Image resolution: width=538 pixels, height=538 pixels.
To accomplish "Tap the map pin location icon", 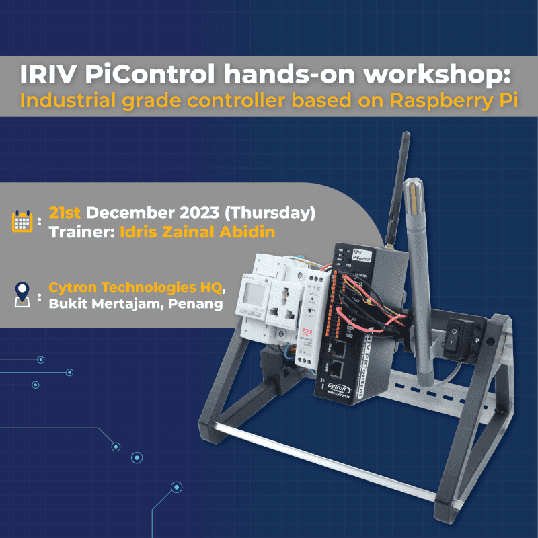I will [x=22, y=294].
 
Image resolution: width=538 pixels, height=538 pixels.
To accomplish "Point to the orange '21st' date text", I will [x=65, y=213].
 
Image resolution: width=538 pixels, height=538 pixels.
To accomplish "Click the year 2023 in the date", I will [x=198, y=213].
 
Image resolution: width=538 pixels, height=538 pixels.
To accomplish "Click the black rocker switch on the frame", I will [x=459, y=334].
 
